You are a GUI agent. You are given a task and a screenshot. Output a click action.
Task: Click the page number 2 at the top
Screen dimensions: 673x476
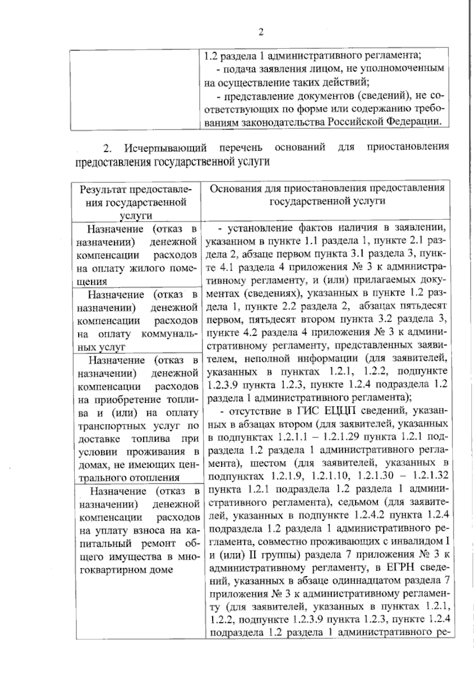click(x=261, y=32)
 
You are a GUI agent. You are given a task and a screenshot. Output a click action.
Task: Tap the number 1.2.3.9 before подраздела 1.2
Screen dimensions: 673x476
click(x=223, y=384)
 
